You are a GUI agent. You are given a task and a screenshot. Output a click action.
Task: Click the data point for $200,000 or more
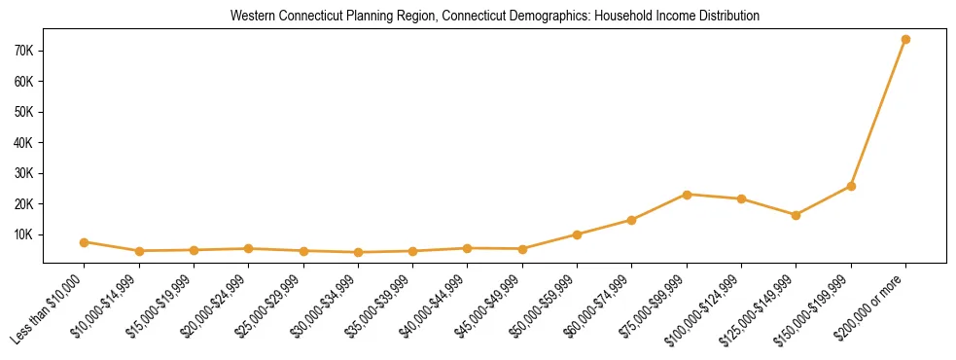pyautogui.click(x=905, y=40)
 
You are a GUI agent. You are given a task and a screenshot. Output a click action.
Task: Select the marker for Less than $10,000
pyautogui.click(x=85, y=242)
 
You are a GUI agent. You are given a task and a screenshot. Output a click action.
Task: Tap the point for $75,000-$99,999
pyautogui.click(x=687, y=195)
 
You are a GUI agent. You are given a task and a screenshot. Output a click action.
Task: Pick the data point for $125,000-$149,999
pyautogui.click(x=797, y=215)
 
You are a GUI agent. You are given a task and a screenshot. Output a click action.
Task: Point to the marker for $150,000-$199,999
pyautogui.click(x=851, y=186)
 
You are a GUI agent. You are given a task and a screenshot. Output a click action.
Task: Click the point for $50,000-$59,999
pyautogui.click(x=578, y=234)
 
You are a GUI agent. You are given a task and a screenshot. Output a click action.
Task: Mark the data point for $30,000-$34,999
pyautogui.click(x=358, y=252)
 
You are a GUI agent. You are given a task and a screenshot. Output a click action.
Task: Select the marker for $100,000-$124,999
pyautogui.click(x=741, y=199)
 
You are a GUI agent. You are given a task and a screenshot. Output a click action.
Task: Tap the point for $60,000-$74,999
pyautogui.click(x=632, y=220)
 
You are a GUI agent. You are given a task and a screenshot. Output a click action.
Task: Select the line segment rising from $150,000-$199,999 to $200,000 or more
pyautogui.click(x=878, y=113)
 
